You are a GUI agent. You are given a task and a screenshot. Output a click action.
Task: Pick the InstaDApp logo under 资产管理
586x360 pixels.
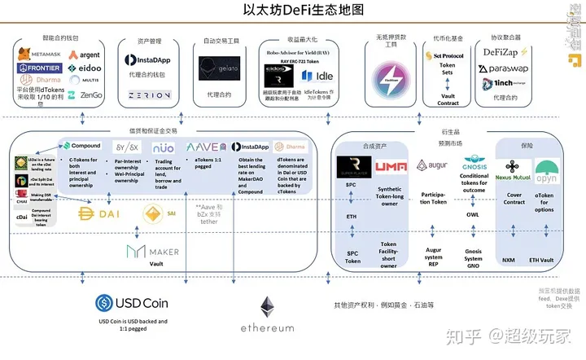(147, 60)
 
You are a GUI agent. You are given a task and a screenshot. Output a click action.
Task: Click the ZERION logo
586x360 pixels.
(147, 95)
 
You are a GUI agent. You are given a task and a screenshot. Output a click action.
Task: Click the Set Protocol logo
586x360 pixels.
(447, 55)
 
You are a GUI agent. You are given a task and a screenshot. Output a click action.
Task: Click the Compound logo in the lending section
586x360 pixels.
(81, 145)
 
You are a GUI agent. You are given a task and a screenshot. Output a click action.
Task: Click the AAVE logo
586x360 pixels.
(203, 147)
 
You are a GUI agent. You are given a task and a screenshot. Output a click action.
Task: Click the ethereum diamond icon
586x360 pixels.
(266, 307)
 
